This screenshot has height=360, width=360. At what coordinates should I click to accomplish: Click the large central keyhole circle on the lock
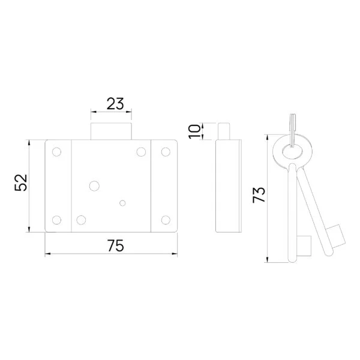click(94, 187)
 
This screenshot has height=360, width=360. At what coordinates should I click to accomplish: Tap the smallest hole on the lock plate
click(122, 203)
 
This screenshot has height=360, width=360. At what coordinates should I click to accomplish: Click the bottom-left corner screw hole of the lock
click(57, 220)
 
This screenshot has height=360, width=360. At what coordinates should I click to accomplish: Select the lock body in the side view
click(227, 186)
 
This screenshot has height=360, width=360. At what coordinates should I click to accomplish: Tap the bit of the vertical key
click(306, 245)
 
